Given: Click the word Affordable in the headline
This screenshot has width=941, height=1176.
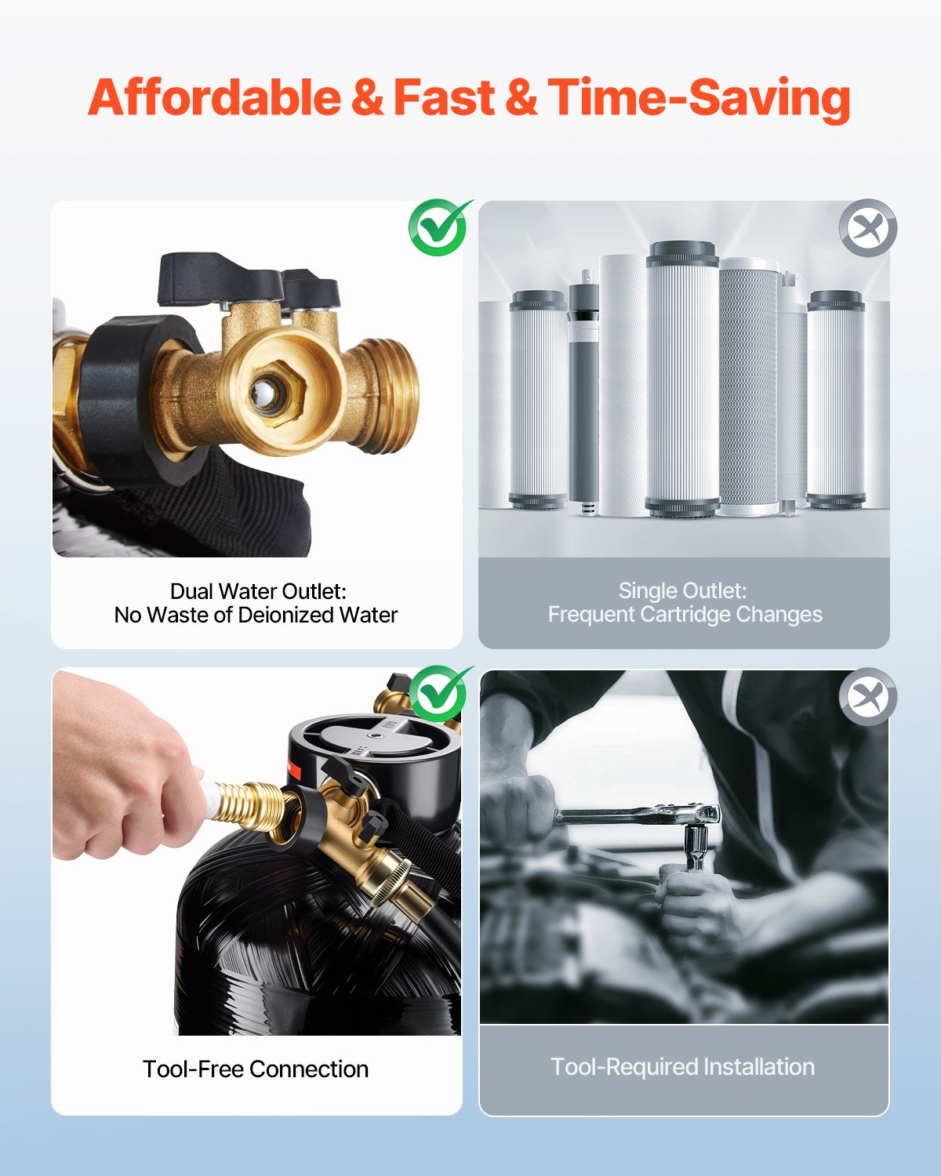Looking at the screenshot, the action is click(214, 97).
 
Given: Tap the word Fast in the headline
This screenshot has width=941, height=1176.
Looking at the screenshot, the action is click(444, 97).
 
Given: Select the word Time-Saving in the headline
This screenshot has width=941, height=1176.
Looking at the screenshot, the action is click(699, 100).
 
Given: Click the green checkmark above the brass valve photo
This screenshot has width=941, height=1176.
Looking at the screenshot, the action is click(439, 227).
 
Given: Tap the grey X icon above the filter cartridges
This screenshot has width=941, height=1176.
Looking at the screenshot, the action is click(868, 228).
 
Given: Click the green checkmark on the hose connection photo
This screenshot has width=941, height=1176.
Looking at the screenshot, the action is click(439, 694).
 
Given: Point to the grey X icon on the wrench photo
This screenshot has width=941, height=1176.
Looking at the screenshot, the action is click(868, 697).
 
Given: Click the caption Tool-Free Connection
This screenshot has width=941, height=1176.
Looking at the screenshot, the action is click(256, 1069).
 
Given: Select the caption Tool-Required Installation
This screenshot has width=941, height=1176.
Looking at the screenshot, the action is click(683, 1067).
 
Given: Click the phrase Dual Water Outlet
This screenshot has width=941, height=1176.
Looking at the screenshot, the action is click(258, 591).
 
